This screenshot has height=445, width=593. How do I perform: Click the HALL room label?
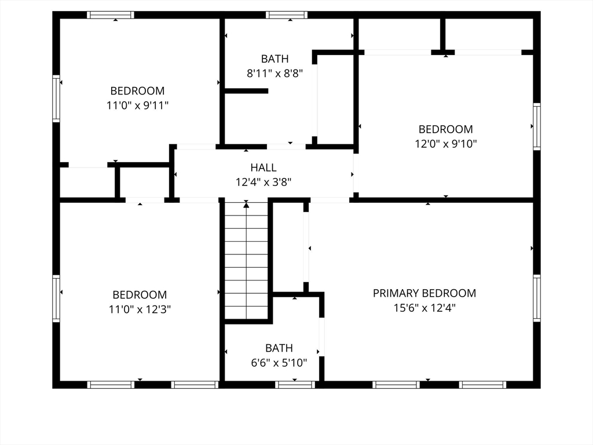click(x=263, y=167)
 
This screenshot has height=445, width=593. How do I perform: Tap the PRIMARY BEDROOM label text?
click(x=424, y=293)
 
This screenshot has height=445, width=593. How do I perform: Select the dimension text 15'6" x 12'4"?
click(x=424, y=308)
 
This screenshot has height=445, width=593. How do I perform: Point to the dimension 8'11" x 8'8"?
click(x=275, y=74)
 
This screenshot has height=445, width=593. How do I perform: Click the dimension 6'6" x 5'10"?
click(x=279, y=363)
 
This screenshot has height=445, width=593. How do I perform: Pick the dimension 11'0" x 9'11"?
click(x=137, y=105)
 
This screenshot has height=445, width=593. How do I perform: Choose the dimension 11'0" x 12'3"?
click(x=140, y=309)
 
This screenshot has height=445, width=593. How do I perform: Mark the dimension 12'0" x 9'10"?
click(x=446, y=144)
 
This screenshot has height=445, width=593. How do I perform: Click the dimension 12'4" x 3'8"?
click(x=263, y=183)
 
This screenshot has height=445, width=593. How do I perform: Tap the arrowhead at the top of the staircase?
click(x=246, y=205)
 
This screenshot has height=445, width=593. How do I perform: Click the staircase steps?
click(x=247, y=261)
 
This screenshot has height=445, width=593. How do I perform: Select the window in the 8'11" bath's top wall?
click(x=286, y=15)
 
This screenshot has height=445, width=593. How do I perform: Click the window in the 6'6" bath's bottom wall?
click(x=295, y=385)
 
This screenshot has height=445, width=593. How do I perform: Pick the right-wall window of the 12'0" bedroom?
click(x=537, y=126)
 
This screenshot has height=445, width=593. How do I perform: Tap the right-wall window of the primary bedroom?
click(x=537, y=298)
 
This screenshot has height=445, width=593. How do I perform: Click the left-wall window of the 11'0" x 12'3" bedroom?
click(x=56, y=298)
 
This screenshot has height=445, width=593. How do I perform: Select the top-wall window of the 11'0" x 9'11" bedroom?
click(x=111, y=15)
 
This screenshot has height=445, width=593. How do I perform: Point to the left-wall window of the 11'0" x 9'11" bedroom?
click(x=56, y=99)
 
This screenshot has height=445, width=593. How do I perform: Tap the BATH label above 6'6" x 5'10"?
click(x=279, y=348)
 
